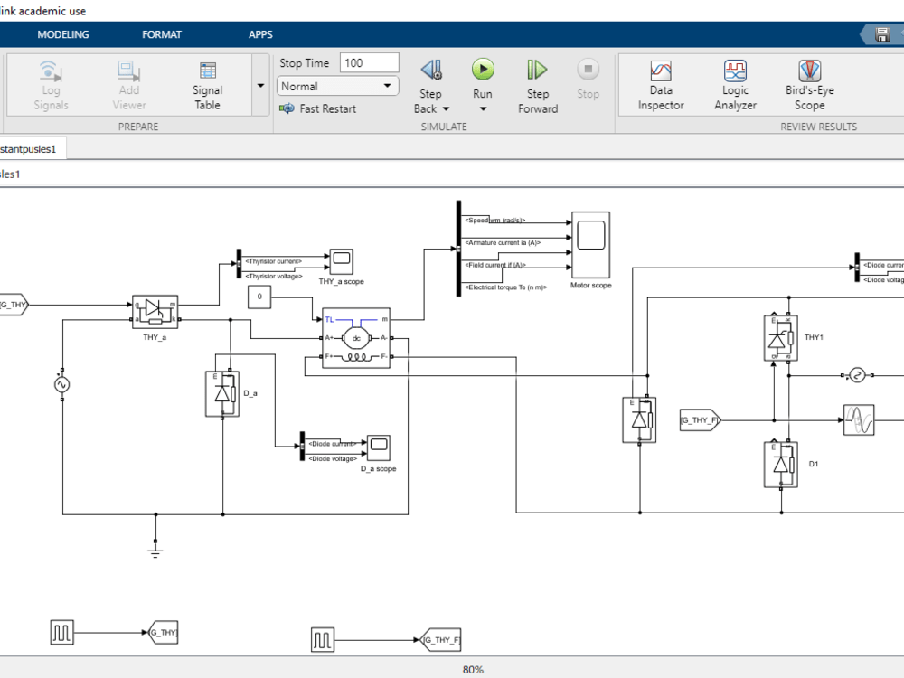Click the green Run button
click(x=483, y=70)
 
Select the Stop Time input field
click(x=369, y=62)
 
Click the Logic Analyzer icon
click(x=735, y=71)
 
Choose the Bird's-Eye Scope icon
click(x=809, y=71)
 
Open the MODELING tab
click(x=63, y=34)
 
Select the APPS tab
click(x=260, y=34)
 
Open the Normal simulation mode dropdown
click(x=338, y=86)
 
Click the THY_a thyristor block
click(x=155, y=312)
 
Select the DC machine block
click(x=356, y=338)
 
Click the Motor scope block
click(x=590, y=244)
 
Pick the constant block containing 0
click(x=259, y=296)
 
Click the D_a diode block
click(x=222, y=393)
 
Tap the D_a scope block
click(x=378, y=447)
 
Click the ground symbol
click(x=155, y=547)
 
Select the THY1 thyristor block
click(x=780, y=338)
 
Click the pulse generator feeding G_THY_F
click(x=323, y=640)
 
